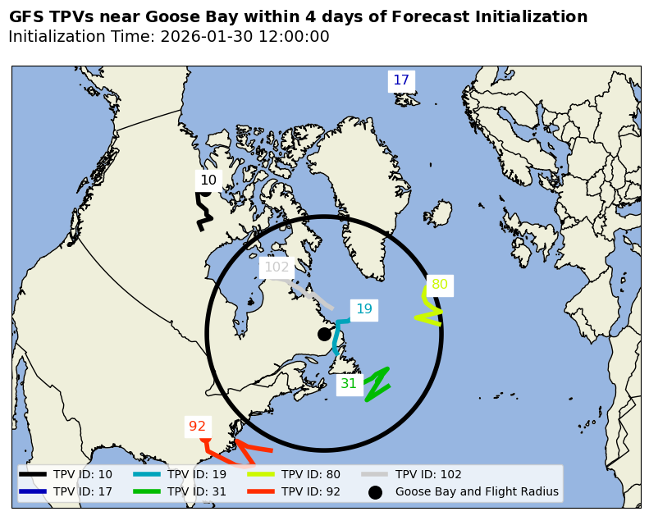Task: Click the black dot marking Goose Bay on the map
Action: click(324, 334)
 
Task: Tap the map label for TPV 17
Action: click(401, 80)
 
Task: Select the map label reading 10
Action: click(208, 180)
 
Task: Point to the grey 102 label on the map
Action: click(277, 267)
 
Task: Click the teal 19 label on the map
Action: click(363, 309)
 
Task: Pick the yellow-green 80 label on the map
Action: click(440, 285)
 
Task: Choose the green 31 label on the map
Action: click(349, 383)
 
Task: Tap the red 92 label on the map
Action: click(198, 426)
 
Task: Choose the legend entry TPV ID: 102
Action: click(427, 474)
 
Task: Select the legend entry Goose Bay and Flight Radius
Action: click(476, 492)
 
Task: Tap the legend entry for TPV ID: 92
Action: click(310, 492)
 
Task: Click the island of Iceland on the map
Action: click(438, 214)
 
